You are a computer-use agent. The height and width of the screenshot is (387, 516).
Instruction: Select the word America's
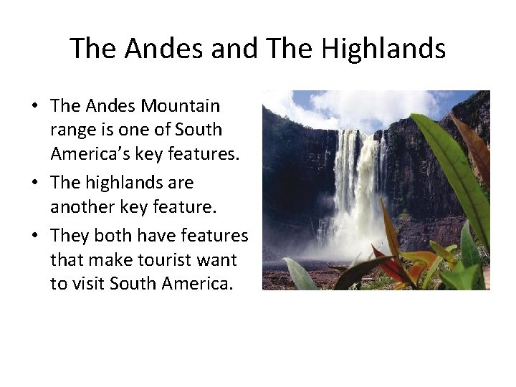(87, 154)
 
